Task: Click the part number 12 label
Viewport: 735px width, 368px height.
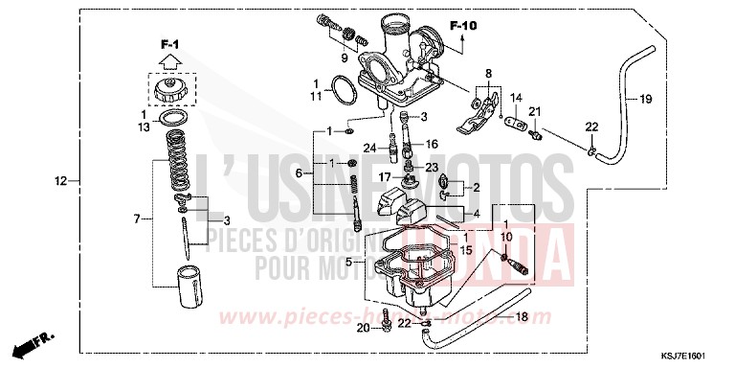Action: click(x=61, y=180)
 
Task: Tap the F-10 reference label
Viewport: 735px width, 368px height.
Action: click(x=463, y=25)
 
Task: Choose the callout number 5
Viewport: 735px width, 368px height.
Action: click(x=349, y=262)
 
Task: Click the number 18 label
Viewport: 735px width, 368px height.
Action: click(x=523, y=316)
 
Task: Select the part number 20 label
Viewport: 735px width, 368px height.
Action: click(x=365, y=329)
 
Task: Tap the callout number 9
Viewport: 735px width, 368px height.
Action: click(x=344, y=57)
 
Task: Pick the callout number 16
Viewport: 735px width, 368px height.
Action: click(x=432, y=144)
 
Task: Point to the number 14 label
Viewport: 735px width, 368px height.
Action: click(x=515, y=98)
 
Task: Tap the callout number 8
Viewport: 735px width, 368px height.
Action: click(x=487, y=74)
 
